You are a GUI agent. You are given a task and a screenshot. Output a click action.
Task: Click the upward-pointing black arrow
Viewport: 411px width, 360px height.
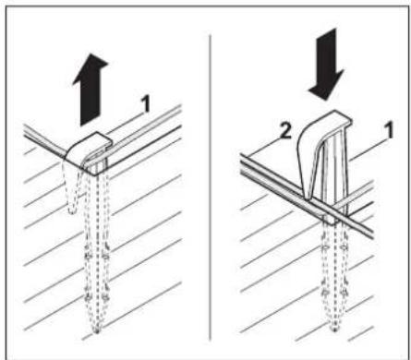point(91,90)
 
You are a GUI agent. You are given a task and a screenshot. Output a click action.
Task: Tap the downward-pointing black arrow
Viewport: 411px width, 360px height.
point(327,65)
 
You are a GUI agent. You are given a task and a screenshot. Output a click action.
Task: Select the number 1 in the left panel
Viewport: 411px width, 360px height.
point(145,103)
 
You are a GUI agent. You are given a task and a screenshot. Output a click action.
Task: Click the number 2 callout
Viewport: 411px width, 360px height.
point(285,132)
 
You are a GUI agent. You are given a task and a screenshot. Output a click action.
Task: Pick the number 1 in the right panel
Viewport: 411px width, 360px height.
point(389,130)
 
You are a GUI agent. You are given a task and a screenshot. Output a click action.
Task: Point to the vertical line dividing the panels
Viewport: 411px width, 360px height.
point(210,187)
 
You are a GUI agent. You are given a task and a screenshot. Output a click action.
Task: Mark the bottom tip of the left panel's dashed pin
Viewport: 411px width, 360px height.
point(97,331)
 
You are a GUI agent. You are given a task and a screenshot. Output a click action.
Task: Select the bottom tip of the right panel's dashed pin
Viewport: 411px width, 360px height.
point(334,330)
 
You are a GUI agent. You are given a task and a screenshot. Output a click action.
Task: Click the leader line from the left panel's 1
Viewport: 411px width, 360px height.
point(125,124)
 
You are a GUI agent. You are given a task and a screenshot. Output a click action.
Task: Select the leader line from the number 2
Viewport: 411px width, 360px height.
point(262,147)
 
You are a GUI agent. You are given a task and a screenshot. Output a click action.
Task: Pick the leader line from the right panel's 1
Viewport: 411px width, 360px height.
point(367,150)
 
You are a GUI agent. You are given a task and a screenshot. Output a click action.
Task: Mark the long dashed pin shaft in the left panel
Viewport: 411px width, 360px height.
point(97,246)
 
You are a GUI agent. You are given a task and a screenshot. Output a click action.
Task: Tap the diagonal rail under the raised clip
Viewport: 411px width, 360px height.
point(308,196)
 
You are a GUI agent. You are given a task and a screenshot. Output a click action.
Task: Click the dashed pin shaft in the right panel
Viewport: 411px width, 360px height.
point(334,274)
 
